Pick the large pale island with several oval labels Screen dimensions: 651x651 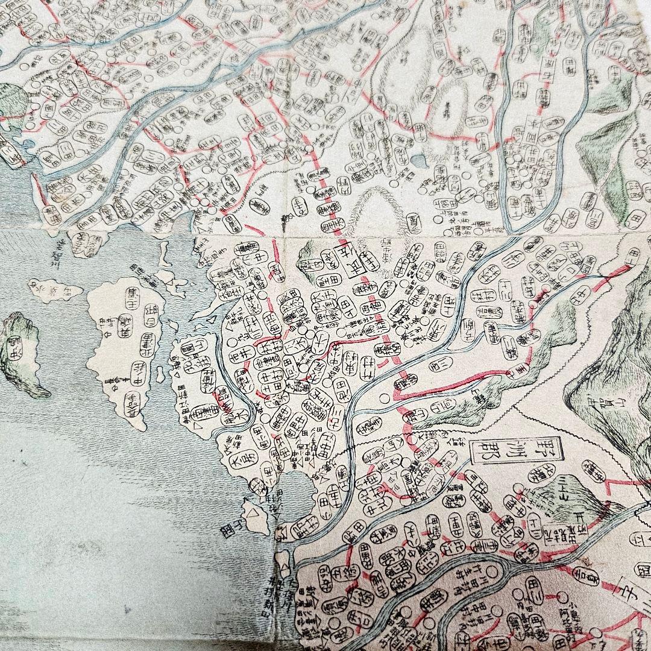pos(124,350)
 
